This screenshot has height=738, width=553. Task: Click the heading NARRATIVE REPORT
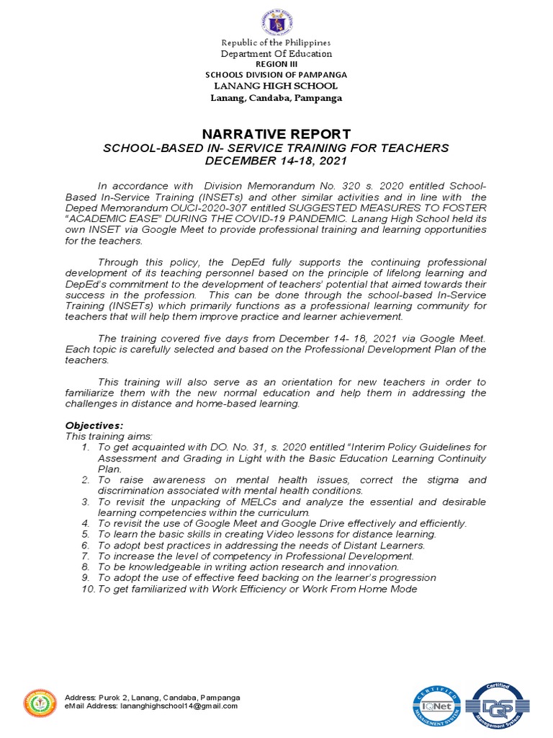[276, 134]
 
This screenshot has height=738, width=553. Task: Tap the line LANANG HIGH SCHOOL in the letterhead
[276, 86]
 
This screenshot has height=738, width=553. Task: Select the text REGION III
[276, 63]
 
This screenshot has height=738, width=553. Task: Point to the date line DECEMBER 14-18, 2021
[276, 161]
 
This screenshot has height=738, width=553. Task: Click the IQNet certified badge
[437, 706]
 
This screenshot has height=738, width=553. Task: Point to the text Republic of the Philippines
[276, 43]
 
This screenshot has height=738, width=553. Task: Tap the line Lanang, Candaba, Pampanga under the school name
[276, 97]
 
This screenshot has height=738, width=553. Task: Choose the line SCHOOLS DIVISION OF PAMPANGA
[276, 74]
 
